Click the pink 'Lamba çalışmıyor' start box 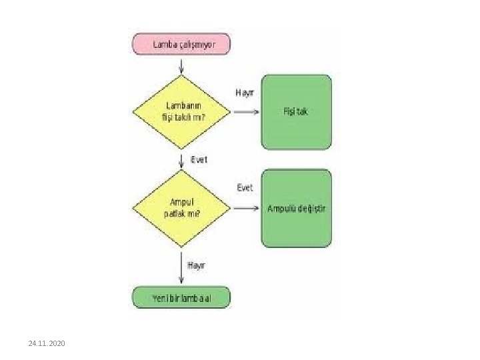pyautogui.click(x=182, y=44)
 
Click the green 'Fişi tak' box pyautogui.click(x=295, y=111)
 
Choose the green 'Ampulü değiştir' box pyautogui.click(x=296, y=208)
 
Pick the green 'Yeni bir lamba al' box pyautogui.click(x=181, y=297)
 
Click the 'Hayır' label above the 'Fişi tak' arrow pyautogui.click(x=244, y=92)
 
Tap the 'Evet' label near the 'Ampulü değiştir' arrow pyautogui.click(x=245, y=188)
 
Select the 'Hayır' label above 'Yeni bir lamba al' pyautogui.click(x=196, y=265)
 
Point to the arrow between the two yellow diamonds pyautogui.click(x=182, y=161)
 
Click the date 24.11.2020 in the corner pyautogui.click(x=47, y=343)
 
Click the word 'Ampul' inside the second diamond pyautogui.click(x=182, y=202)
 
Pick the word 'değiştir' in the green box pyautogui.click(x=313, y=208)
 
